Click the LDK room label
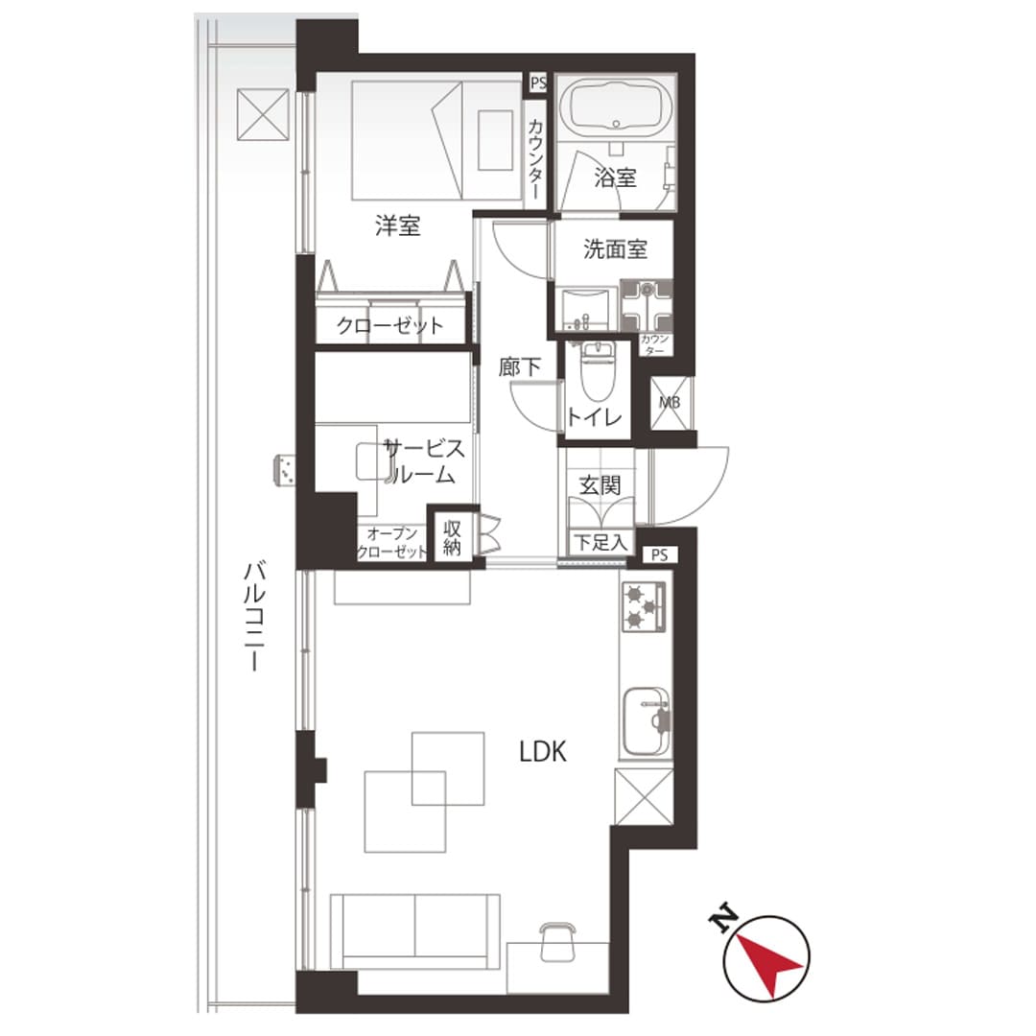[x=542, y=752]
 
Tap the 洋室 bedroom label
[x=398, y=226]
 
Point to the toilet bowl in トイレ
[x=598, y=371]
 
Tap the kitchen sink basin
[x=647, y=721]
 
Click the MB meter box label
[x=670, y=402]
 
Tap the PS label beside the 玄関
[x=659, y=555]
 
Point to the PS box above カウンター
[x=538, y=83]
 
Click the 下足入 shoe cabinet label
[x=600, y=542]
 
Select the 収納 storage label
[x=452, y=538]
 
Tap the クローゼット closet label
[x=389, y=325]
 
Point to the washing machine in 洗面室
[x=647, y=306]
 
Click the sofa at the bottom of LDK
[x=414, y=931]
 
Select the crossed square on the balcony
[x=263, y=114]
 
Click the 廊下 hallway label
[x=519, y=367]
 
